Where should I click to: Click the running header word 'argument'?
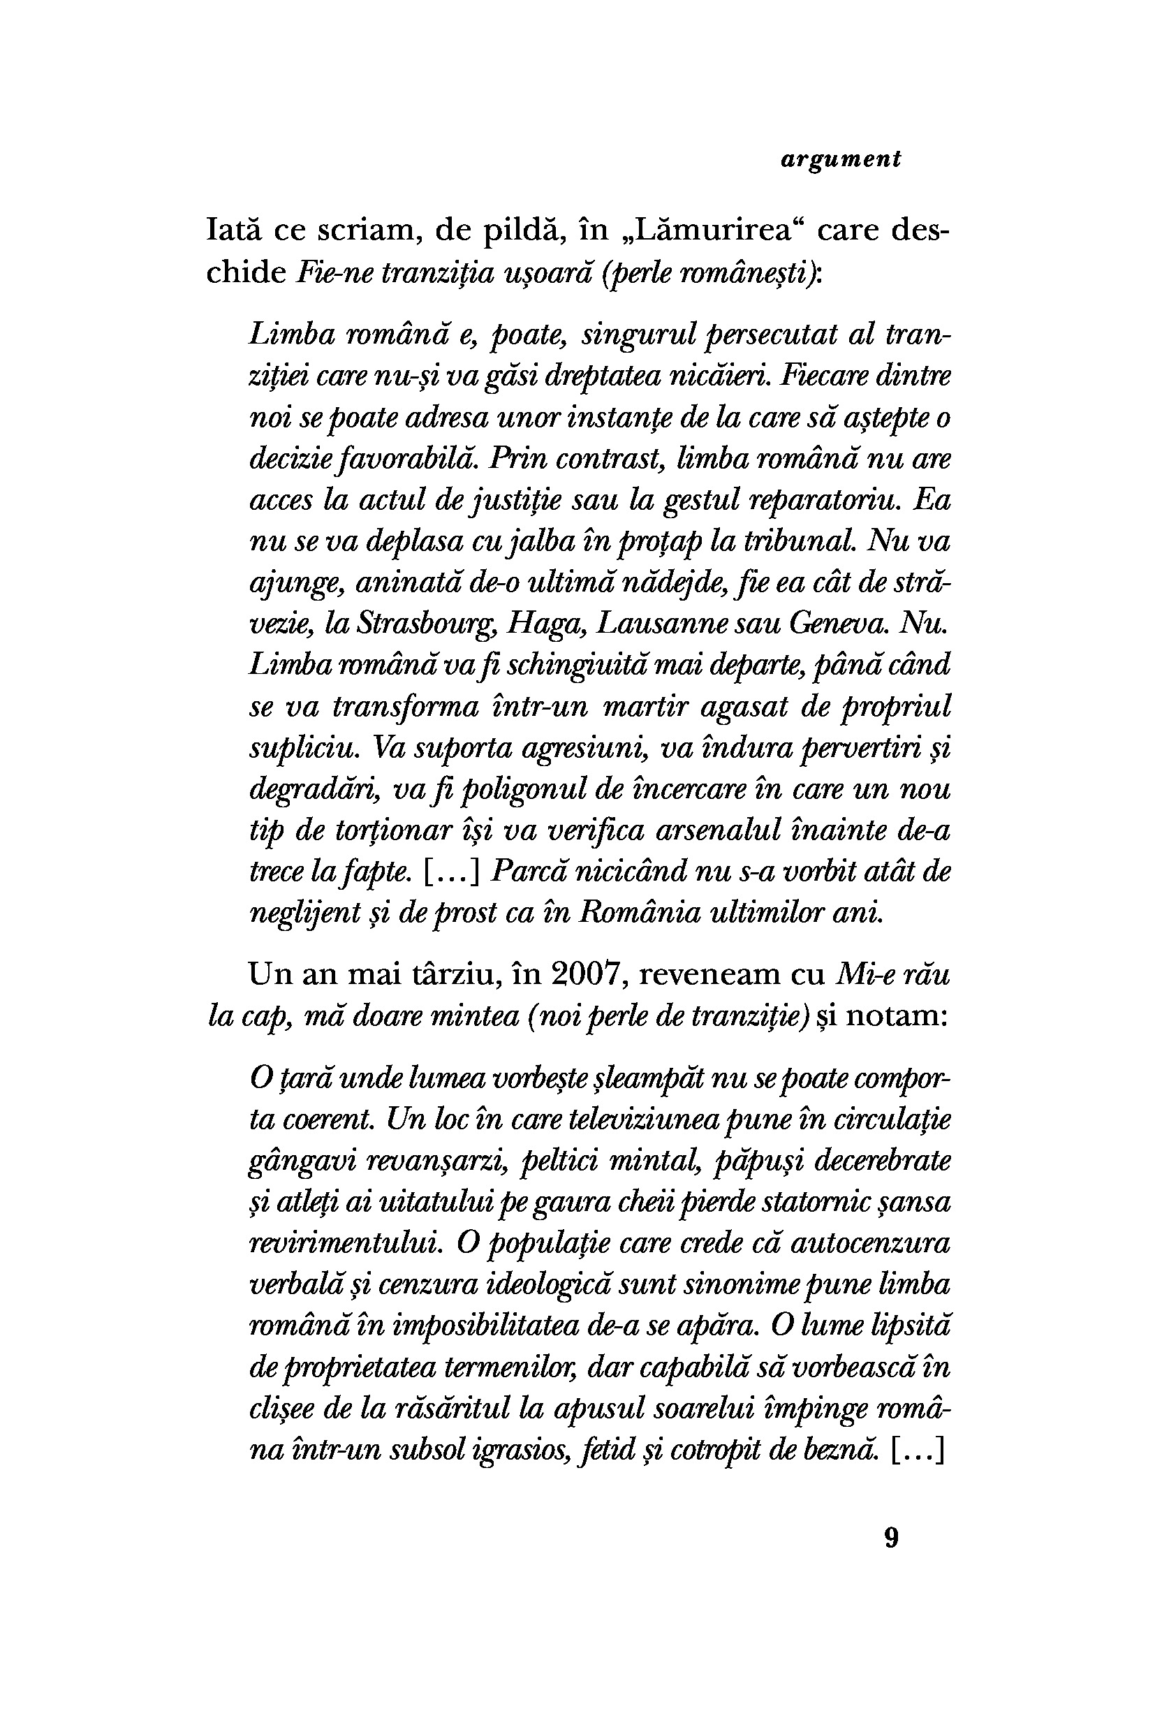coord(841,160)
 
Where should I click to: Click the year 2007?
coord(590,974)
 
